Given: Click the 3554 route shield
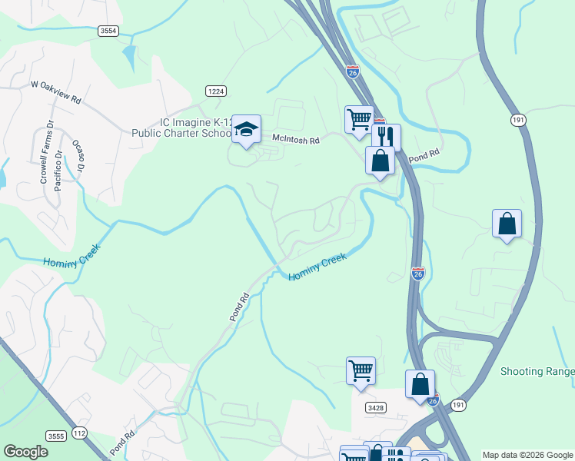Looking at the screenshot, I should tap(108, 31).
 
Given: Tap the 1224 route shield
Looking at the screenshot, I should tap(215, 91).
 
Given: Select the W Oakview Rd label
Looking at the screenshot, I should tap(56, 92).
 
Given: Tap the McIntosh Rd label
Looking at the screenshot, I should tap(294, 138).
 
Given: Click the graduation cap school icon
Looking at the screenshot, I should tap(247, 129).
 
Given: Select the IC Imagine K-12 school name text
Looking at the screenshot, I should tap(195, 128).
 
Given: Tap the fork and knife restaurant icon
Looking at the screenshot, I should tap(387, 137).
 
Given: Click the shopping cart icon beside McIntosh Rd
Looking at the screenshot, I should tap(359, 120).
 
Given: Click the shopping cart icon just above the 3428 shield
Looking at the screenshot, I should tap(361, 370).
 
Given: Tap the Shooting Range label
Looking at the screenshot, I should tap(537, 372).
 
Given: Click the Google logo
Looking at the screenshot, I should tap(25, 452).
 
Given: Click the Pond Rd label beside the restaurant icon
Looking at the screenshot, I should tap(423, 156).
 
